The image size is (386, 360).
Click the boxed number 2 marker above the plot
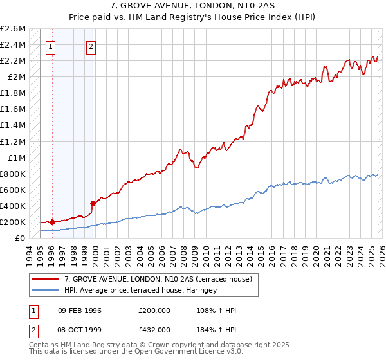[91, 46]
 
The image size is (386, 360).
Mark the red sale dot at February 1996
[52, 222]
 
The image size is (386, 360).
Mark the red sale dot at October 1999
[92, 203]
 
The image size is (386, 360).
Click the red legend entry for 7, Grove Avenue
[161, 279]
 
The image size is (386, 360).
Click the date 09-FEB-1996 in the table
[80, 310]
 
